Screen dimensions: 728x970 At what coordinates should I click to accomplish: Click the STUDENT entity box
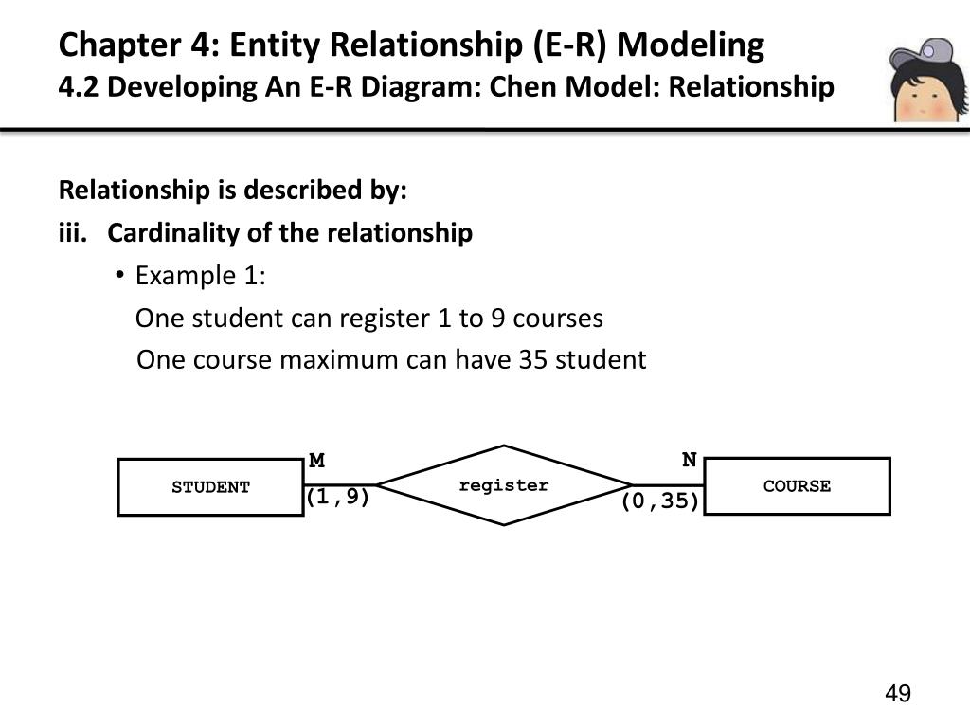(x=210, y=487)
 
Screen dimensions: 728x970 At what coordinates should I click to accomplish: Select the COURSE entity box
(x=798, y=486)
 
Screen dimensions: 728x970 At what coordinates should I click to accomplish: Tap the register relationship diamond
(x=504, y=485)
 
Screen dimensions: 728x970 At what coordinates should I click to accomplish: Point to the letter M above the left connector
(x=317, y=461)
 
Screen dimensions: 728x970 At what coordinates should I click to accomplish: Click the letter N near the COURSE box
(x=690, y=460)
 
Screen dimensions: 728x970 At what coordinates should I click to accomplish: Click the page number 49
(x=897, y=695)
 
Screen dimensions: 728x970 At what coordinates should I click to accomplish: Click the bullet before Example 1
(x=120, y=276)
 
